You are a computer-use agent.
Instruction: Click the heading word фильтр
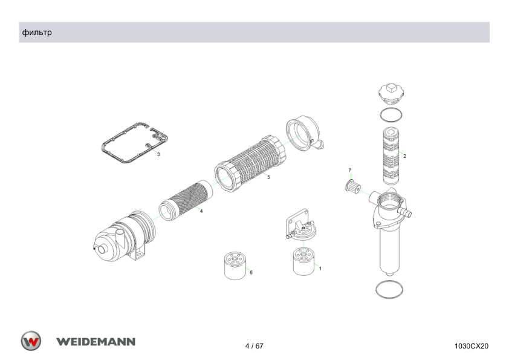[37, 33]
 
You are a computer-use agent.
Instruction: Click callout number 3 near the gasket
[158, 154]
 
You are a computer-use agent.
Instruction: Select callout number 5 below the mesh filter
[268, 177]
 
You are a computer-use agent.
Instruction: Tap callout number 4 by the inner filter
[201, 211]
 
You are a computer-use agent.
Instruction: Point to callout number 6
[251, 272]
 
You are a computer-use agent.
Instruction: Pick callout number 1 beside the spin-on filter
[320, 269]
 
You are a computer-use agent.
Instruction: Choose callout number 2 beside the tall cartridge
[404, 156]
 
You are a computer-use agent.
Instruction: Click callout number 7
[349, 170]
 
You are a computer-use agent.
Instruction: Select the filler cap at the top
[392, 94]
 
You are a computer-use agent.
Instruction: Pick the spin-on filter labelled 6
[235, 266]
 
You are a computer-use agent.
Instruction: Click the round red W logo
[31, 341]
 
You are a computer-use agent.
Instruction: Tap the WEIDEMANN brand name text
[96, 342]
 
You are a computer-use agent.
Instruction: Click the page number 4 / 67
[254, 346]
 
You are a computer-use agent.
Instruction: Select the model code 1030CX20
[472, 346]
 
